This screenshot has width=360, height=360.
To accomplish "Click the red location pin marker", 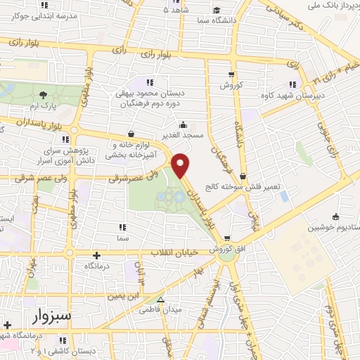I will click(181, 164).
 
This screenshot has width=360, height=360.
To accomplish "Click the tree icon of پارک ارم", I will click(44, 94).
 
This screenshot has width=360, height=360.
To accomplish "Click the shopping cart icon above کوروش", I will click(231, 74).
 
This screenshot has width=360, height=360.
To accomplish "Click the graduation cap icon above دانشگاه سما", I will click(218, 9).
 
